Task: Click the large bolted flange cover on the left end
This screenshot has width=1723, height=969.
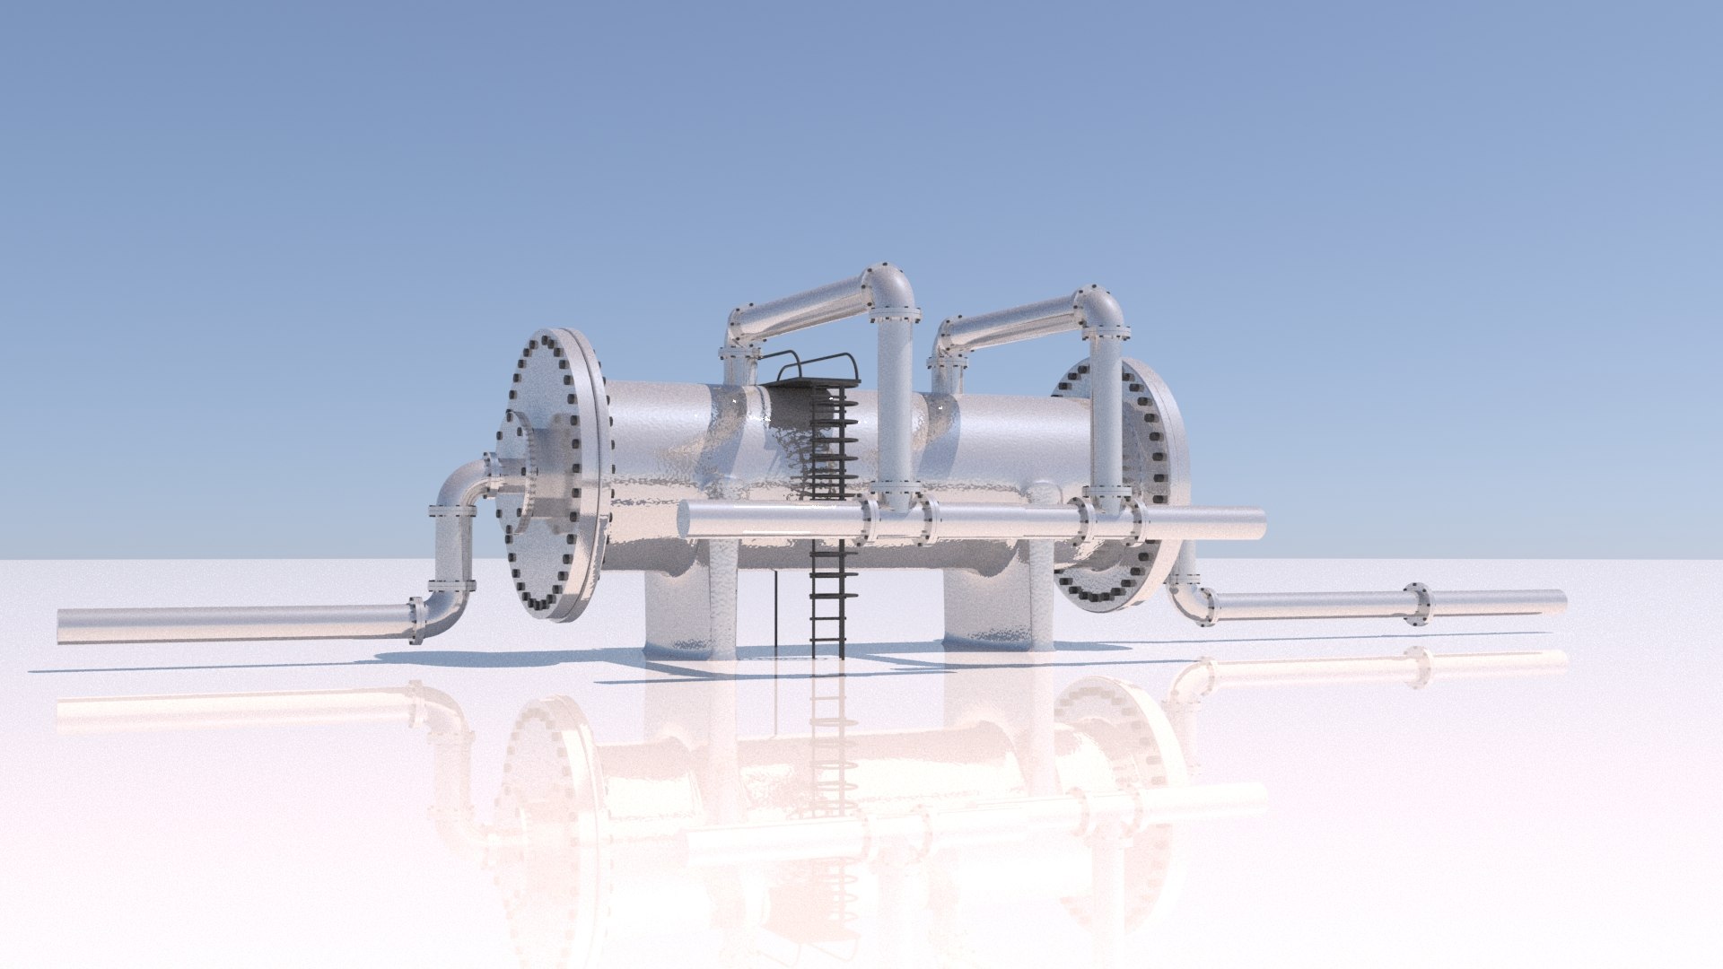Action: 552,476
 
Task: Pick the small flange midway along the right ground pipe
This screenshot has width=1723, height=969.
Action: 1417,604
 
